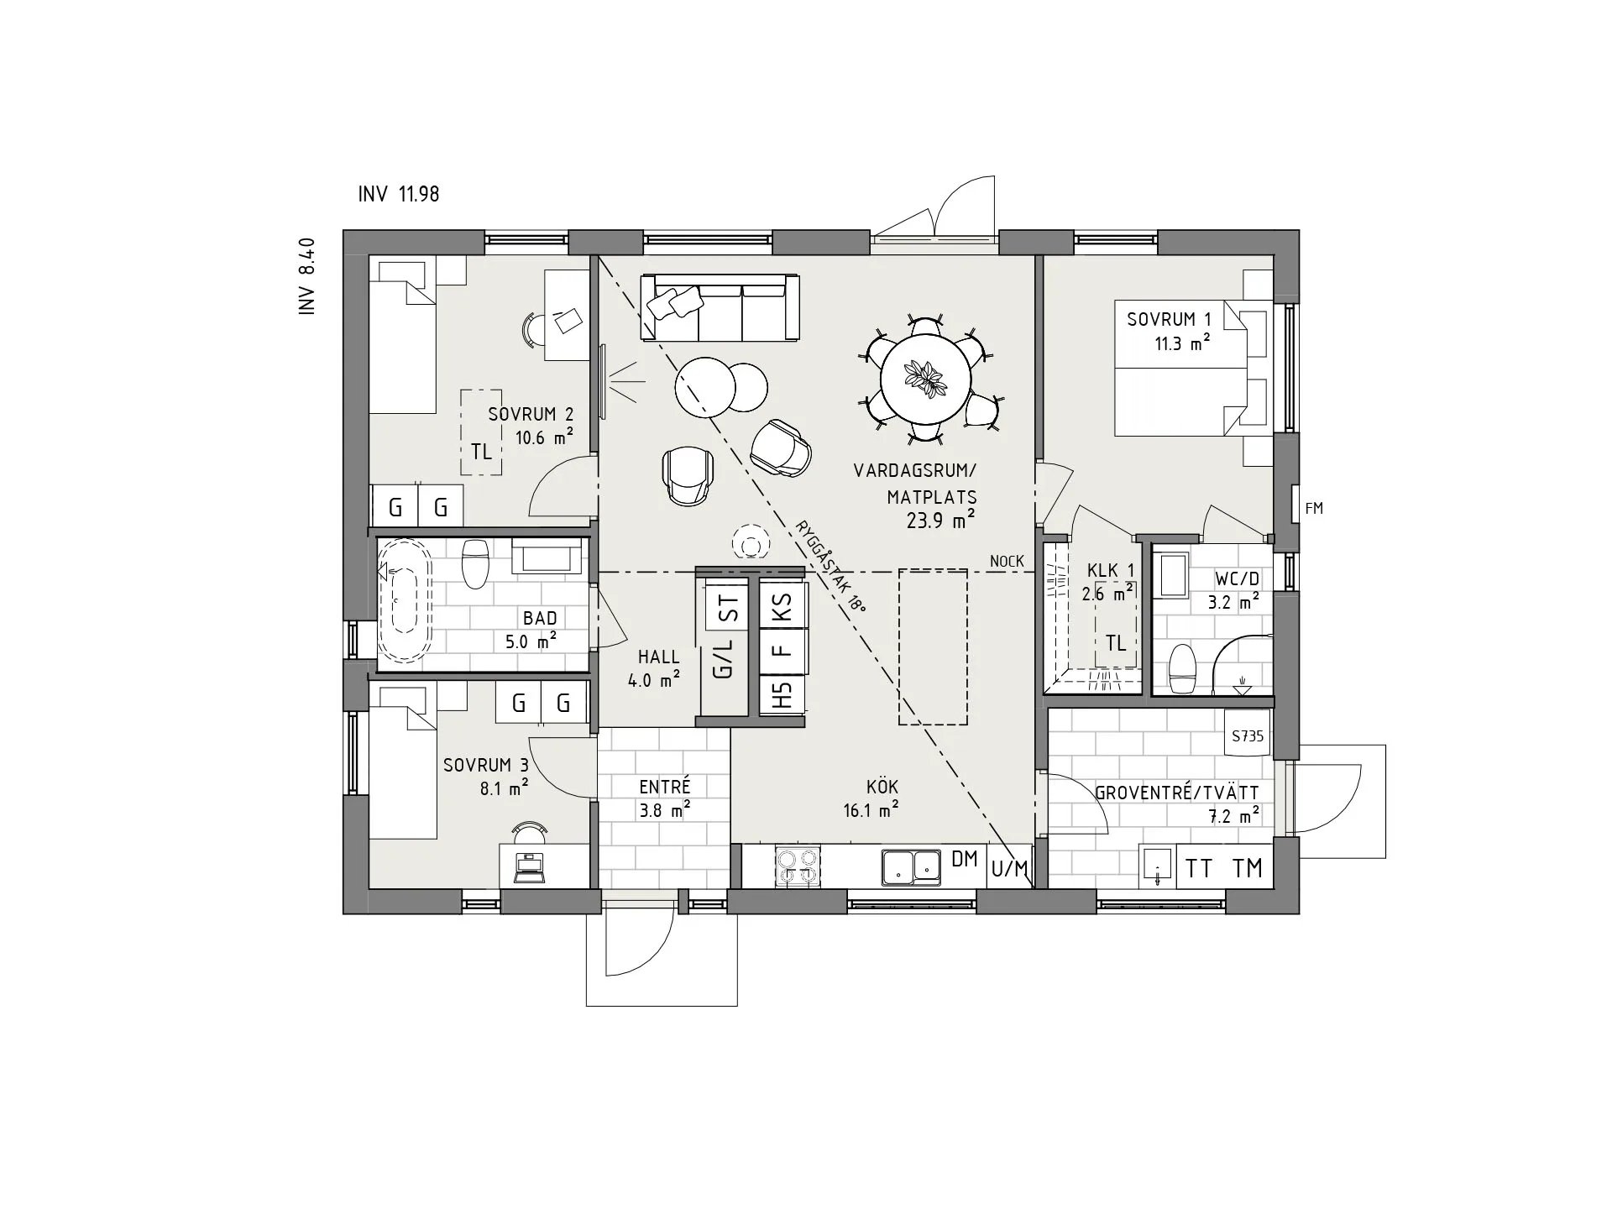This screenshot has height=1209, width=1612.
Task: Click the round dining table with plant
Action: [925, 380]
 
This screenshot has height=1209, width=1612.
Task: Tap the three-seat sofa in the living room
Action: [720, 307]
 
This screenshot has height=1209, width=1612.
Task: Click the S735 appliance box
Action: [1248, 735]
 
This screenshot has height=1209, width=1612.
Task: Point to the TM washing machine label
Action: [1248, 868]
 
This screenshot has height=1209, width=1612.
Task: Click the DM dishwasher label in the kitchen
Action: [965, 859]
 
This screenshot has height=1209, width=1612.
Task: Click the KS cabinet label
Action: [782, 606]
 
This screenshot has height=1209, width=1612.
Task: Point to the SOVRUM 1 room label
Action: [1169, 319]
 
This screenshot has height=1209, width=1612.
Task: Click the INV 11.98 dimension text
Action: [399, 195]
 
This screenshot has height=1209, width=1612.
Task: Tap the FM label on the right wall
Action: [1314, 508]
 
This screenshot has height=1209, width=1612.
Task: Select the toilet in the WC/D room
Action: [1182, 668]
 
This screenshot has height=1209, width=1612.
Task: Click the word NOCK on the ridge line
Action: [1007, 561]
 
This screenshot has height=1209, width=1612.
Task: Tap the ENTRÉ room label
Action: [664, 787]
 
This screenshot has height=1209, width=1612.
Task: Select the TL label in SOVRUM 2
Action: [481, 452]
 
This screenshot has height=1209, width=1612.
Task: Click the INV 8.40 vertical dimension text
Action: [306, 276]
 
